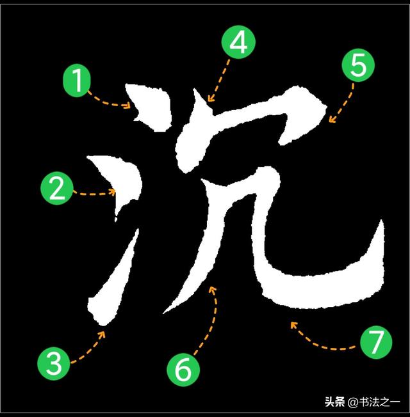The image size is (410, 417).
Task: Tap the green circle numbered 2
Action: (x=56, y=190)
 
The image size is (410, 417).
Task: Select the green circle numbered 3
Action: (x=54, y=364)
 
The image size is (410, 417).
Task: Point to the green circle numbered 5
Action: (x=357, y=66)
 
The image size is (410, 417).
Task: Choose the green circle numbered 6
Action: (x=183, y=370)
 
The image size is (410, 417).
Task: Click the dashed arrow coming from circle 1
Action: (x=109, y=102)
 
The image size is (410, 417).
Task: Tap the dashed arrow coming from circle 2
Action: (x=95, y=192)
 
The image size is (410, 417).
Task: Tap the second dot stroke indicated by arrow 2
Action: (x=119, y=182)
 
